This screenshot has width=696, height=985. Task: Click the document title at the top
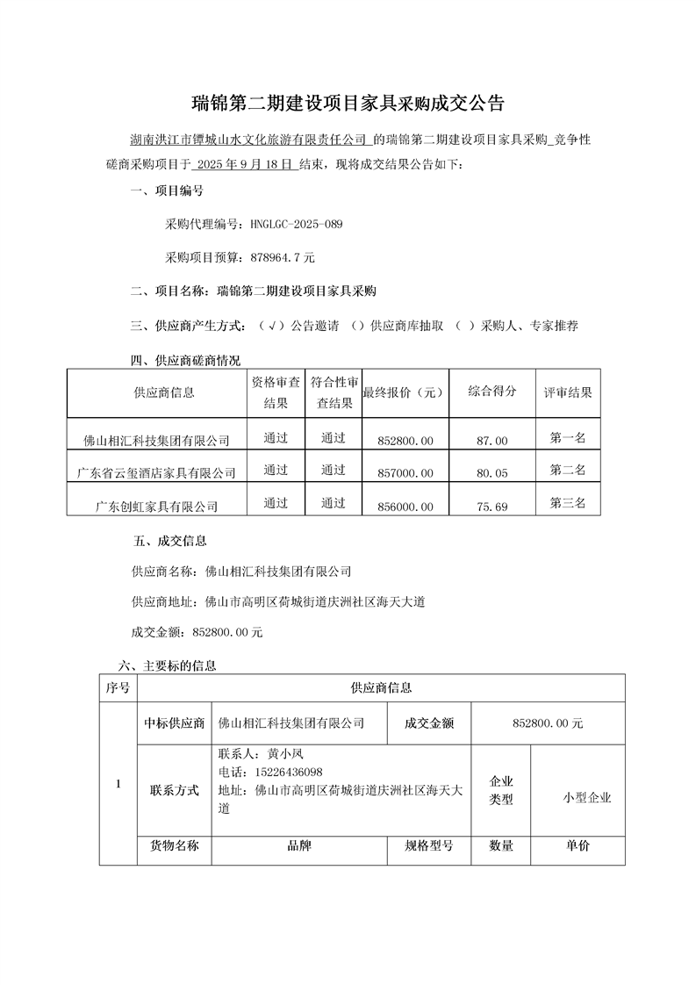click(348, 104)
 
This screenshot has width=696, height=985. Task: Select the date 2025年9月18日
click(244, 164)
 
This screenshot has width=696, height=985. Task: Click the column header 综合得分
click(492, 391)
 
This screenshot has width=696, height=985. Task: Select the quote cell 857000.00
click(405, 473)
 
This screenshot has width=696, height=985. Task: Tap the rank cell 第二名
click(568, 471)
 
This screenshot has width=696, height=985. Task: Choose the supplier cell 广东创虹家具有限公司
click(157, 507)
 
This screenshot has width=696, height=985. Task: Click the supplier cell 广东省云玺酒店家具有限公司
click(157, 473)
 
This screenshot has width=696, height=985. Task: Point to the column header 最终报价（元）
click(405, 392)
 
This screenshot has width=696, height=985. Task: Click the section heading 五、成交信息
click(169, 541)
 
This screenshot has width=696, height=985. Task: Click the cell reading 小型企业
click(587, 798)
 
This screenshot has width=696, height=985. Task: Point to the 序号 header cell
click(118, 688)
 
